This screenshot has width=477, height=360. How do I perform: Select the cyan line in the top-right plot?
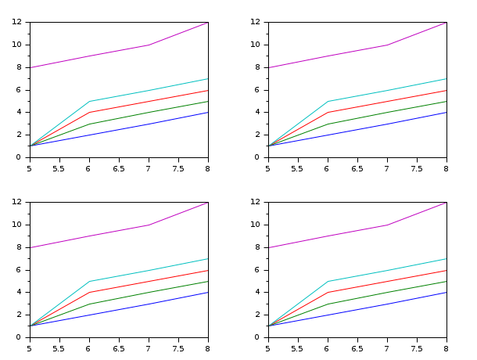click(x=387, y=90)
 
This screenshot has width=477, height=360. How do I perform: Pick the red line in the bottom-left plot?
click(x=149, y=281)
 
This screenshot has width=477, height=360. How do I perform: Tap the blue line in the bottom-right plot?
click(x=387, y=304)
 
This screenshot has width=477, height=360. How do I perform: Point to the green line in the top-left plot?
click(x=149, y=112)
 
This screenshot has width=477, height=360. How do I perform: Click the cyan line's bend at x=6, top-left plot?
click(x=89, y=101)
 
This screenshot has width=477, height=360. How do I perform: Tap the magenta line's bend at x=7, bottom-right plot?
click(x=387, y=225)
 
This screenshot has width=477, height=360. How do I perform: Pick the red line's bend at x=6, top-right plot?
click(x=328, y=112)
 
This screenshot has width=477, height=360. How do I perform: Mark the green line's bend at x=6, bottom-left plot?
click(x=89, y=304)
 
